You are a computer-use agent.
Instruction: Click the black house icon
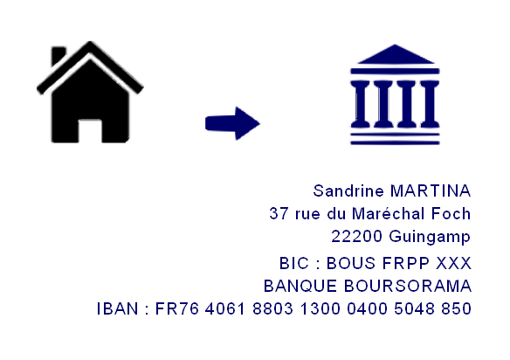[90, 98]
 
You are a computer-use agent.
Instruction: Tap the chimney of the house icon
[58, 55]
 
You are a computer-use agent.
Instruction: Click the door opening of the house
[90, 131]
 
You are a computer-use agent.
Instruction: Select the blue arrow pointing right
[232, 123]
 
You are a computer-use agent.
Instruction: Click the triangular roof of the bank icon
[396, 54]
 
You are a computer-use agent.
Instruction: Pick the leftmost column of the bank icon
[360, 104]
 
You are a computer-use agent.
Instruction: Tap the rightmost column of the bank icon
[430, 104]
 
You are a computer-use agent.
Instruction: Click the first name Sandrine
[348, 190]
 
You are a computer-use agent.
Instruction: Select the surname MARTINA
[431, 190]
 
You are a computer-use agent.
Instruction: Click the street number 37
[279, 214]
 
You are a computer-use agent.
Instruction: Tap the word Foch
[451, 213]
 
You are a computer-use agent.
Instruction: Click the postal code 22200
[356, 236]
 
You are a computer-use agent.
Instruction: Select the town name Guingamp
[430, 237]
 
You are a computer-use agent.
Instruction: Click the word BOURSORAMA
[408, 286]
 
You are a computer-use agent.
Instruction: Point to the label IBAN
[118, 309]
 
